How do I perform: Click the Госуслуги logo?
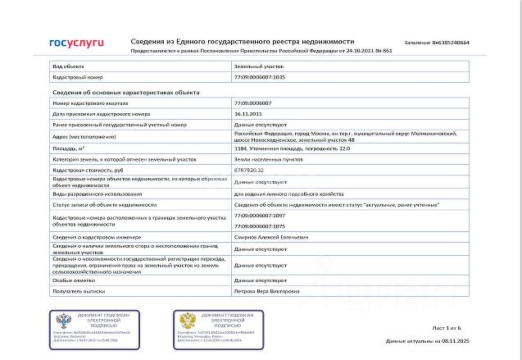point(76,43)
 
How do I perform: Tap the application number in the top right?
point(437,42)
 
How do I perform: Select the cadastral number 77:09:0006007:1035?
point(260,76)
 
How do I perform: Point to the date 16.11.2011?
point(247,114)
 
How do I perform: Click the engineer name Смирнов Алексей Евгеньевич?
point(272,236)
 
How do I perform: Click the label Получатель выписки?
point(78,290)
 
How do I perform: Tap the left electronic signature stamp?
point(95,326)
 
